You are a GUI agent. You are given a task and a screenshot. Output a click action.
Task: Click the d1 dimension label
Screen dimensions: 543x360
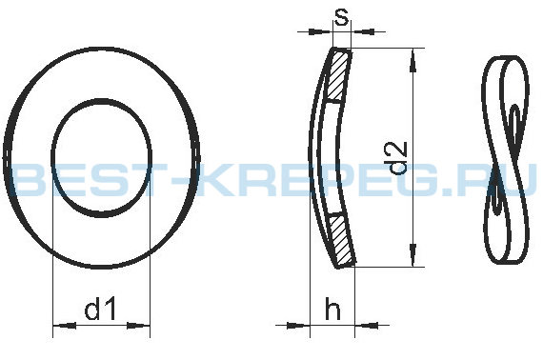click(x=100, y=308)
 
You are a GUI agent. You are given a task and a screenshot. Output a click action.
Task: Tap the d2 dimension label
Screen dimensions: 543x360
click(x=397, y=157)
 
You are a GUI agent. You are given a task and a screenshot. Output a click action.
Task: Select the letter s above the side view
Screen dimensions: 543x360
click(x=341, y=17)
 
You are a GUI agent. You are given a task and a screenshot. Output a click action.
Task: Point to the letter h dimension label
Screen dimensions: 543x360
click(x=332, y=308)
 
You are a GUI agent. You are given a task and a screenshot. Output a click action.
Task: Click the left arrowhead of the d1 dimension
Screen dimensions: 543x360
click(x=65, y=326)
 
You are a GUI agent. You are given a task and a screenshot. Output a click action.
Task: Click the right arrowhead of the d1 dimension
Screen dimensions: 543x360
click(x=138, y=326)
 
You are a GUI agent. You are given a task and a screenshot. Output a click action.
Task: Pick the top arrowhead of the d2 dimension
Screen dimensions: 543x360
click(x=412, y=60)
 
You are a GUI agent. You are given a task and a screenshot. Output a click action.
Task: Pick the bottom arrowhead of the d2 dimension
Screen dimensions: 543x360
click(x=412, y=255)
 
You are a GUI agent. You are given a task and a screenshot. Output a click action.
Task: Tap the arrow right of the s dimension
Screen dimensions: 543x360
click(x=363, y=31)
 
